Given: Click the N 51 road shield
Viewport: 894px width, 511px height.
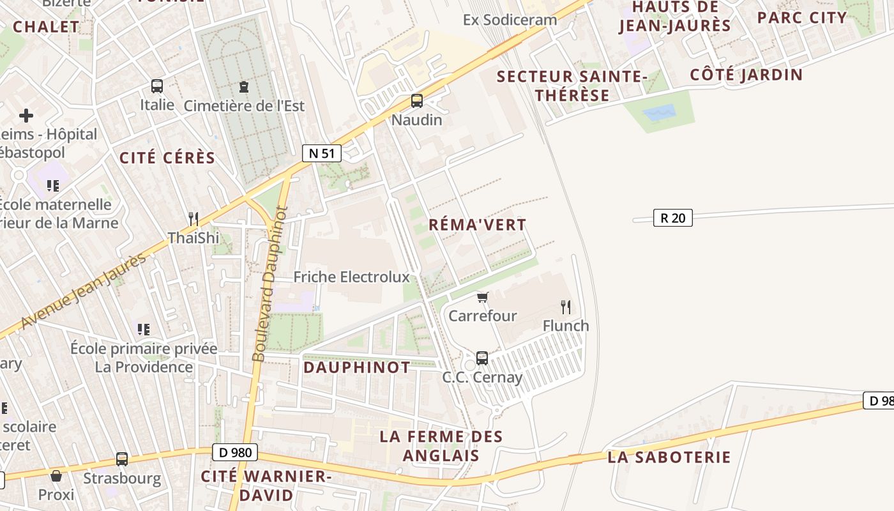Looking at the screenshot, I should [322, 153].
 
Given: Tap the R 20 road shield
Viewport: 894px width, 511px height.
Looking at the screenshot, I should [673, 218].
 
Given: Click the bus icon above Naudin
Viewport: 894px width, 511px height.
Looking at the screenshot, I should [417, 100].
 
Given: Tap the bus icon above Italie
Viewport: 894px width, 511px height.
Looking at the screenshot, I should [157, 86].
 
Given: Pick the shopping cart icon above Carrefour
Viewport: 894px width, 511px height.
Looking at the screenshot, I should [483, 297].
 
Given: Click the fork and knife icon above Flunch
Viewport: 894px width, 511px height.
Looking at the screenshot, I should [566, 307].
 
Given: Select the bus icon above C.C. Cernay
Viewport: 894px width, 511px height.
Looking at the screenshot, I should [482, 358].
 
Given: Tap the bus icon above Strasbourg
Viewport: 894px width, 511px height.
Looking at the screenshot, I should [122, 459].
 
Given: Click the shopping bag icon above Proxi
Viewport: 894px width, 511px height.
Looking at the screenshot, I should [56, 475].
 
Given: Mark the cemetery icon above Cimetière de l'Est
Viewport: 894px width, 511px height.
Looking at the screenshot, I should [243, 86].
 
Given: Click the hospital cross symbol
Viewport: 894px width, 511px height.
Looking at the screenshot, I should [26, 116].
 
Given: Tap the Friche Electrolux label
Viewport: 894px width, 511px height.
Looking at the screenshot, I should [351, 277].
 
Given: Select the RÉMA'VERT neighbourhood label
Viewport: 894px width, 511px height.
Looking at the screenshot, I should [478, 225].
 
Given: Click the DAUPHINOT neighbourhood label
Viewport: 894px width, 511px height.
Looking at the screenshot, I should [356, 367].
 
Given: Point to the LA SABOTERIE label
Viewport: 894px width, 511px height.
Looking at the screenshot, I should [669, 457].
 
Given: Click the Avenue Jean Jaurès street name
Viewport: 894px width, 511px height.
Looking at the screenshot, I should [83, 292].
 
